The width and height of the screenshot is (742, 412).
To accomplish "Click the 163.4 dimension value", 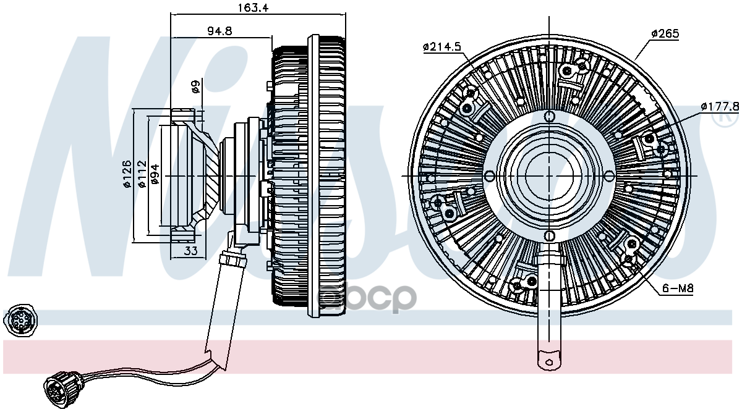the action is (257, 8).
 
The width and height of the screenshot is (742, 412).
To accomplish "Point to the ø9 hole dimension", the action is (195, 87).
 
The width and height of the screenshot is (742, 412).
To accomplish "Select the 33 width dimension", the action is (191, 250).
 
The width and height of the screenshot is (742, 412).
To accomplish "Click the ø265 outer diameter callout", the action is (665, 33).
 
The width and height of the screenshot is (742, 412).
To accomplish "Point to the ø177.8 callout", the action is (720, 106).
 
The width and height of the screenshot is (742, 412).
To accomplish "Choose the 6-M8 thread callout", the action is (675, 288).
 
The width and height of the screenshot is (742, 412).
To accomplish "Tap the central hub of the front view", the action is (549, 175).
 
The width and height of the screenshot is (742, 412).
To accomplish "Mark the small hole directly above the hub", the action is (549, 116).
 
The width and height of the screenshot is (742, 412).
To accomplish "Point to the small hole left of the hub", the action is (490, 175).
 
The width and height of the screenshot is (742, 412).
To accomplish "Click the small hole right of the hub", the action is (608, 175).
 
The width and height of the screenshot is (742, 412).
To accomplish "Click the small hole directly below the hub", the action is (549, 235).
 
